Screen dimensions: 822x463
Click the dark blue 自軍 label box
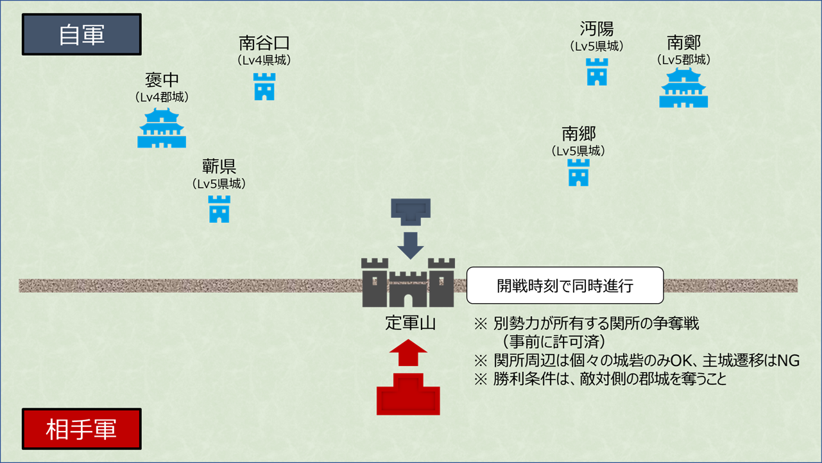81,35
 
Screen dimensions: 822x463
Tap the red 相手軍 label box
81,429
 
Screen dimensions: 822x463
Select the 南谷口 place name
264,43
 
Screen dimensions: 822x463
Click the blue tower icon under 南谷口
264,87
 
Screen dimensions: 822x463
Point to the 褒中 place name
162,80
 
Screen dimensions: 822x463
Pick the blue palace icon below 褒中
162,128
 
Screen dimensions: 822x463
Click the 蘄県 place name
219,167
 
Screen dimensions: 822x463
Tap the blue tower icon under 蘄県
219,209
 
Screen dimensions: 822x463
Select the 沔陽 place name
597,29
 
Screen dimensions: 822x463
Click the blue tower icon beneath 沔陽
597,72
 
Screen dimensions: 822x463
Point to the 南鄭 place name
683,42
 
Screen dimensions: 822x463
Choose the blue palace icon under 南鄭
683,88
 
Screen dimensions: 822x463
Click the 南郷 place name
579,134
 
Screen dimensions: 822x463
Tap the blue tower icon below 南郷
579,173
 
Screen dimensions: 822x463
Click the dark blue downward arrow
411,245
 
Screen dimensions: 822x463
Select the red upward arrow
408,353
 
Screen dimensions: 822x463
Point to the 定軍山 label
410,323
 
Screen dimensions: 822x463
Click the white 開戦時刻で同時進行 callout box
565,285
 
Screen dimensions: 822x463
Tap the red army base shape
408,394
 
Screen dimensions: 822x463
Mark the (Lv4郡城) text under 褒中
162,98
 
